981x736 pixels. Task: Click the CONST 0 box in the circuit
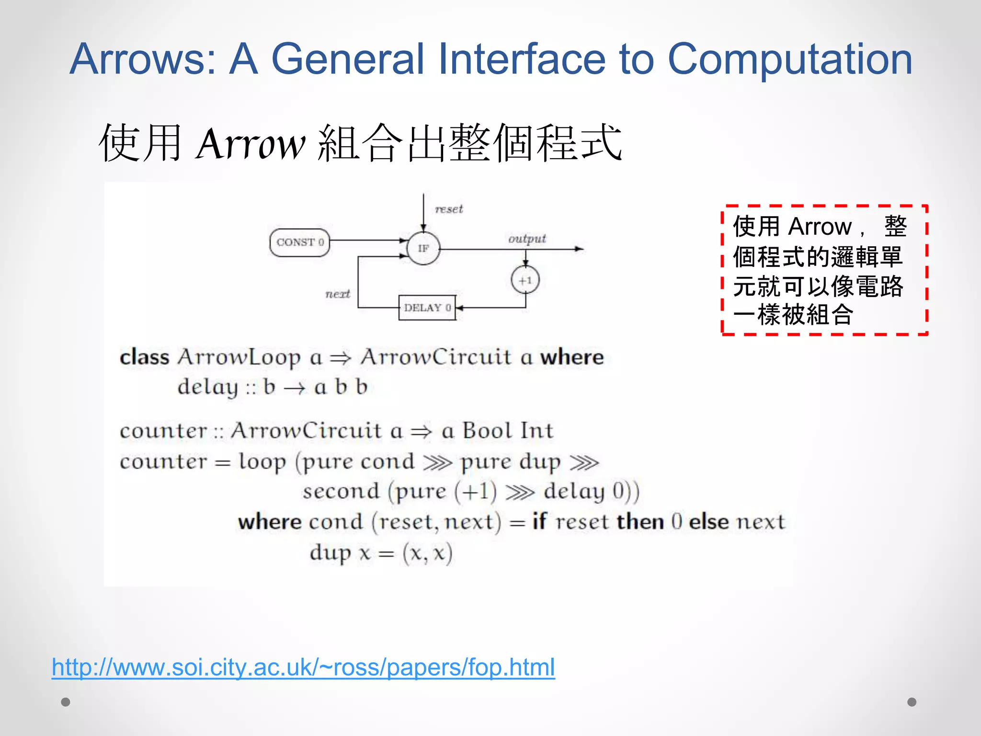[x=300, y=242]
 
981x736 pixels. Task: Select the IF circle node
[x=423, y=248]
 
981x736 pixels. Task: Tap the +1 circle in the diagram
[x=525, y=280]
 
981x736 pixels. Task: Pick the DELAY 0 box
[x=427, y=308]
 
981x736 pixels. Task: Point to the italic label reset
[x=449, y=209]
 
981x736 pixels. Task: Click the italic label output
[x=527, y=239]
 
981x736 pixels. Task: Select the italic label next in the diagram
[x=338, y=294]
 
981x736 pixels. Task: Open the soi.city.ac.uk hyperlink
[x=303, y=667]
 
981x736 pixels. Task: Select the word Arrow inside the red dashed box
[x=820, y=227]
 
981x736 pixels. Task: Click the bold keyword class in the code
[x=144, y=357]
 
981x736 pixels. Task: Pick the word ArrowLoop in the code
[x=239, y=357]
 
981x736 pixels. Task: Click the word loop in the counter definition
[x=262, y=462]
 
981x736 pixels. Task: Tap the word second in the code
[x=341, y=492]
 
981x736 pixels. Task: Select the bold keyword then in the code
[x=640, y=522]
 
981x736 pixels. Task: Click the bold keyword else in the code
[x=709, y=522]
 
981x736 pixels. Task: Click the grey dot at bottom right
[x=912, y=702]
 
